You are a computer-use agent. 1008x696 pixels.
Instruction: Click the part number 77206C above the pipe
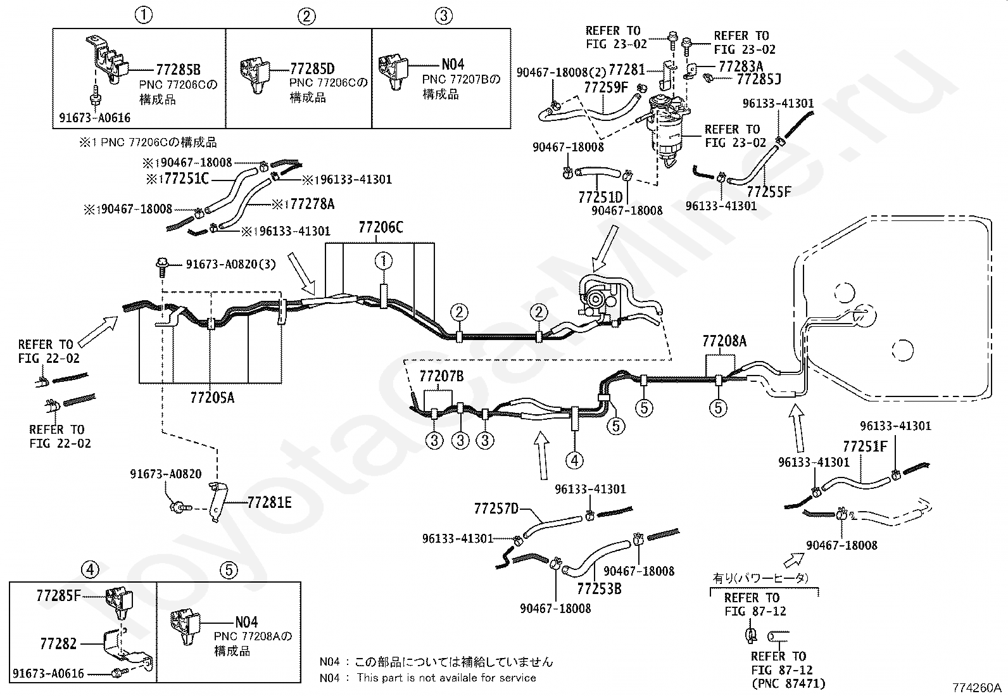click(381, 228)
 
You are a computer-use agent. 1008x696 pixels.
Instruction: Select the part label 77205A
click(212, 398)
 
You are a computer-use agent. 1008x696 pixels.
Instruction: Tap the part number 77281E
click(269, 502)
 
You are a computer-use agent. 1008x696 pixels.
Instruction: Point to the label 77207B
click(441, 376)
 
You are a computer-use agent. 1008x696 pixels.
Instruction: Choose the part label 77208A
click(724, 341)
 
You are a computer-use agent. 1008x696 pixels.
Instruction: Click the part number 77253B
click(600, 589)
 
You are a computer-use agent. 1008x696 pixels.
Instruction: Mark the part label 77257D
click(496, 509)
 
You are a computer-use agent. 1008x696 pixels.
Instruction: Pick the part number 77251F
click(865, 446)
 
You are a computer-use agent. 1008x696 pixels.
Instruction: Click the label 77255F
click(769, 193)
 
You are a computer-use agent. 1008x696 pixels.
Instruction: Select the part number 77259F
click(606, 87)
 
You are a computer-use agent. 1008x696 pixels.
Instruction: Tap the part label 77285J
click(759, 80)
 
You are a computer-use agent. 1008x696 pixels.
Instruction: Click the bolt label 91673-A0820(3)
click(231, 264)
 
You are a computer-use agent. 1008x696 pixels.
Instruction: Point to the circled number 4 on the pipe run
click(574, 460)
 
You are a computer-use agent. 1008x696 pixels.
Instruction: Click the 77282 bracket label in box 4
click(58, 644)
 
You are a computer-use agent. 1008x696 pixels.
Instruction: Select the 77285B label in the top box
click(178, 70)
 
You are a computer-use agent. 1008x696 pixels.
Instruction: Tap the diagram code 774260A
click(976, 687)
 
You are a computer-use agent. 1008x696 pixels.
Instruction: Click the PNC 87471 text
click(788, 684)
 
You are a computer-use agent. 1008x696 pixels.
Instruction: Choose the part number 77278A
click(312, 205)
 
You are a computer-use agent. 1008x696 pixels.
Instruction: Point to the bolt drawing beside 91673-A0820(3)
click(161, 267)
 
